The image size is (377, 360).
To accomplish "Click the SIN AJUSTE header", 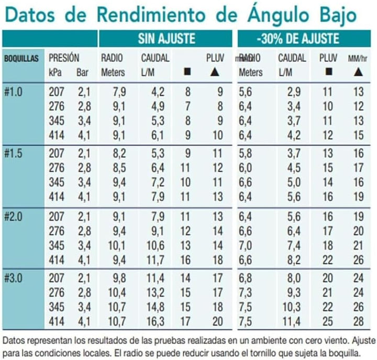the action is coord(167,38).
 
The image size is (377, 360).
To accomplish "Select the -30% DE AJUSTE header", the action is coord(298,38).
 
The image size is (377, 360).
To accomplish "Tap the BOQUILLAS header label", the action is coord(21,59).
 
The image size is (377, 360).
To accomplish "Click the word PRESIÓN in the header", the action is coord(64,58).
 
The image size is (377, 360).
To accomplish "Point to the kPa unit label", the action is coord(55,72).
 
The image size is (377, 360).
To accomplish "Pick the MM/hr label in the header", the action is coord(358,58).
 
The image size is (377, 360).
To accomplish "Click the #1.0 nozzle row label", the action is coord(13,92).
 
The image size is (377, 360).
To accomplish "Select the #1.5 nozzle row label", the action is coord(13,154).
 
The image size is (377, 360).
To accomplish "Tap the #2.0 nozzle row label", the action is coord(13,216).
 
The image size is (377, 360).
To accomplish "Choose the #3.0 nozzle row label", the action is coord(13,278).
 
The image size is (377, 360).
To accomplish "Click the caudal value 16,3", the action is coord(156,322).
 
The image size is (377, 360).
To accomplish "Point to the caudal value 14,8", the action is coord(156,307).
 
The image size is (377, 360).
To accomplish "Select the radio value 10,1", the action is coord(117,245).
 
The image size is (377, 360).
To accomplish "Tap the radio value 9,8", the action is coord(119,278).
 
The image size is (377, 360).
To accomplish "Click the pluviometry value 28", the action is coord(359,322).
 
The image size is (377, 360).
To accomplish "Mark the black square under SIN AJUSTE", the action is coord(187,71).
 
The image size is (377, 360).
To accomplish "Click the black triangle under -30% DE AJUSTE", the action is coord(358,72).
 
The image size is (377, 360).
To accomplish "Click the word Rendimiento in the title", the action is coord(151,15).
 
